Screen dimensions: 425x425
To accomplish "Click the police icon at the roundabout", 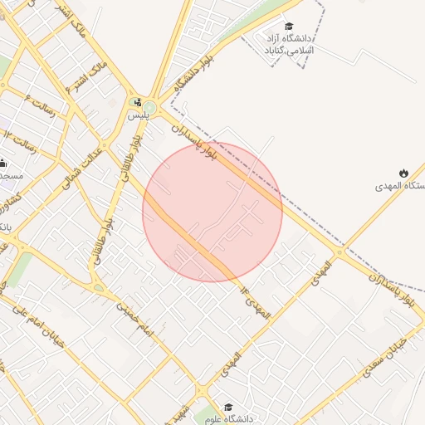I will pyautogui.click(x=137, y=102).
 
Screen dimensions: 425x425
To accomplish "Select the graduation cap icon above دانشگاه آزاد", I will pyautogui.click(x=289, y=27).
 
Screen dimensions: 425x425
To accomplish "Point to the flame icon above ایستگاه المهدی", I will pyautogui.click(x=403, y=173).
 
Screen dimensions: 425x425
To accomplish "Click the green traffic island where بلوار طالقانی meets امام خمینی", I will pyautogui.click(x=99, y=288).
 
